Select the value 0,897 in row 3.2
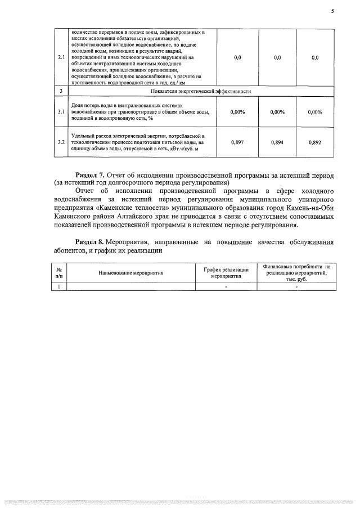coord(238,143)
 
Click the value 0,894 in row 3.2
coord(277,143)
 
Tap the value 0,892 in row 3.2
coord(315,143)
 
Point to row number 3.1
coord(60,112)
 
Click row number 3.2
coord(60,143)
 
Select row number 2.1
coord(60,57)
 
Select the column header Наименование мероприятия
coord(130,272)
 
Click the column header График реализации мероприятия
coord(226,273)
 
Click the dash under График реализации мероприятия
coord(226,286)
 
